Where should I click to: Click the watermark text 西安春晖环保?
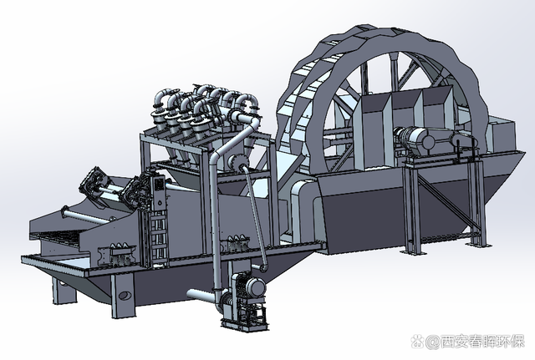[x=482, y=341]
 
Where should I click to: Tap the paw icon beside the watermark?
[x=417, y=342]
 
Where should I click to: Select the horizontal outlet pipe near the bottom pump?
[x=201, y=294]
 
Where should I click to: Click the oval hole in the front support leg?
[x=125, y=295]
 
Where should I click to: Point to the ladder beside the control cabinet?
[x=158, y=236]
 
